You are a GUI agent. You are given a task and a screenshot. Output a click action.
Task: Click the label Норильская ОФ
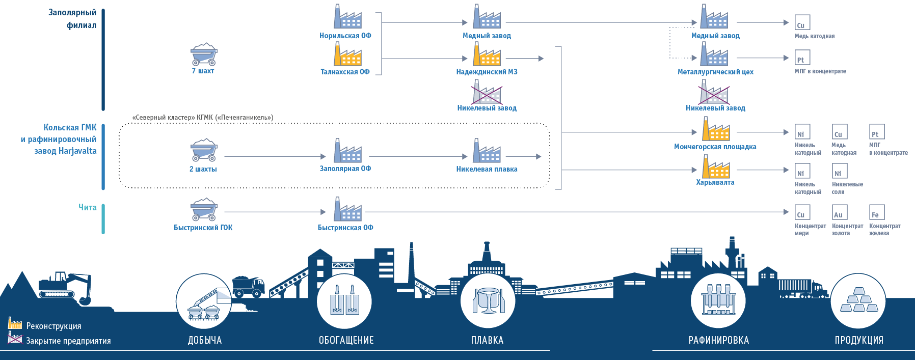[x=345, y=36]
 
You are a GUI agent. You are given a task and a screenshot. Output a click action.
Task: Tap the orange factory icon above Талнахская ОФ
[x=347, y=54]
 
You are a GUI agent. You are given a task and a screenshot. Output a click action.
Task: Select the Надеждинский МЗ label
[x=487, y=72]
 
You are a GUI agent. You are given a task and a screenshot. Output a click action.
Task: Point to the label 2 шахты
[x=203, y=169]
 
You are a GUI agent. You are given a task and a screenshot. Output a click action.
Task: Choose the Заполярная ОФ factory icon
[x=347, y=151]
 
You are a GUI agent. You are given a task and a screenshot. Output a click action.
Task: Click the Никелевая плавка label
[x=487, y=169]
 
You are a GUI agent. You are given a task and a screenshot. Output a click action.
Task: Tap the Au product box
[x=838, y=212]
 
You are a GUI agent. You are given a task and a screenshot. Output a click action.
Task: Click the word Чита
[x=87, y=207]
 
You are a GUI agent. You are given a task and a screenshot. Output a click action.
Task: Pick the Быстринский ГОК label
[x=203, y=228]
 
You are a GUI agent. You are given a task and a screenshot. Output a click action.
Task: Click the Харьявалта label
[x=715, y=182]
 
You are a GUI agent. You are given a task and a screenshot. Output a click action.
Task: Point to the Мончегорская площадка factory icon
[x=715, y=129]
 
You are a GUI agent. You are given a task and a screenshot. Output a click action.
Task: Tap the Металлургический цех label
[x=715, y=72]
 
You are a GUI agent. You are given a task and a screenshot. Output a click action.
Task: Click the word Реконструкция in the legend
[x=53, y=326]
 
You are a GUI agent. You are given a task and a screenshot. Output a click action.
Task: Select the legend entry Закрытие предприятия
[x=68, y=341]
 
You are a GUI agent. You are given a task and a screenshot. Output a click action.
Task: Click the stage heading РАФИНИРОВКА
[x=718, y=340]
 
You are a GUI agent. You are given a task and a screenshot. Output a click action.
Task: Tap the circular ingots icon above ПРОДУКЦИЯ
[x=858, y=300]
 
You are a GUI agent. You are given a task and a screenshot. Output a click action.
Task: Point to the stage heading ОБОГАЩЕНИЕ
[x=346, y=340]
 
